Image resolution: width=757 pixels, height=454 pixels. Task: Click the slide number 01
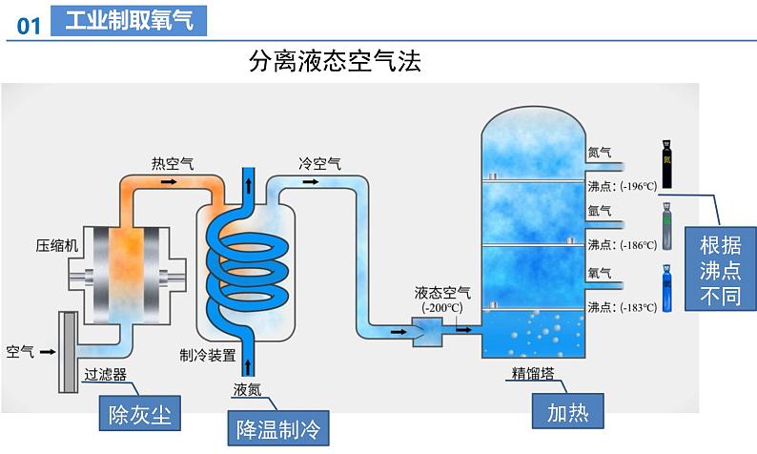click(x=29, y=25)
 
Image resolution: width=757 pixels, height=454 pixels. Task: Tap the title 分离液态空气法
click(x=335, y=62)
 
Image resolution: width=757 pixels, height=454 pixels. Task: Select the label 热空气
click(x=173, y=163)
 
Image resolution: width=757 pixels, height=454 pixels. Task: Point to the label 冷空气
click(x=319, y=163)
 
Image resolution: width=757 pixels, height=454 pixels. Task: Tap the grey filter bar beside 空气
click(x=68, y=352)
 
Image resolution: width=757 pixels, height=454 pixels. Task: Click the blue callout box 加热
click(x=568, y=413)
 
